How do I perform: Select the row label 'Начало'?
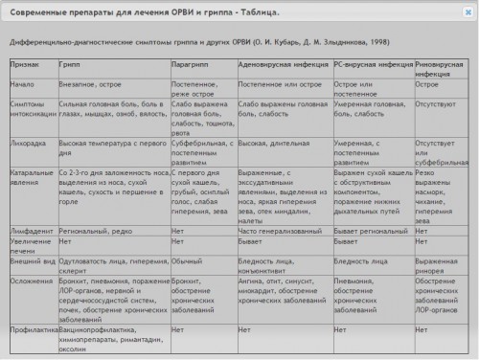coord(23,84)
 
